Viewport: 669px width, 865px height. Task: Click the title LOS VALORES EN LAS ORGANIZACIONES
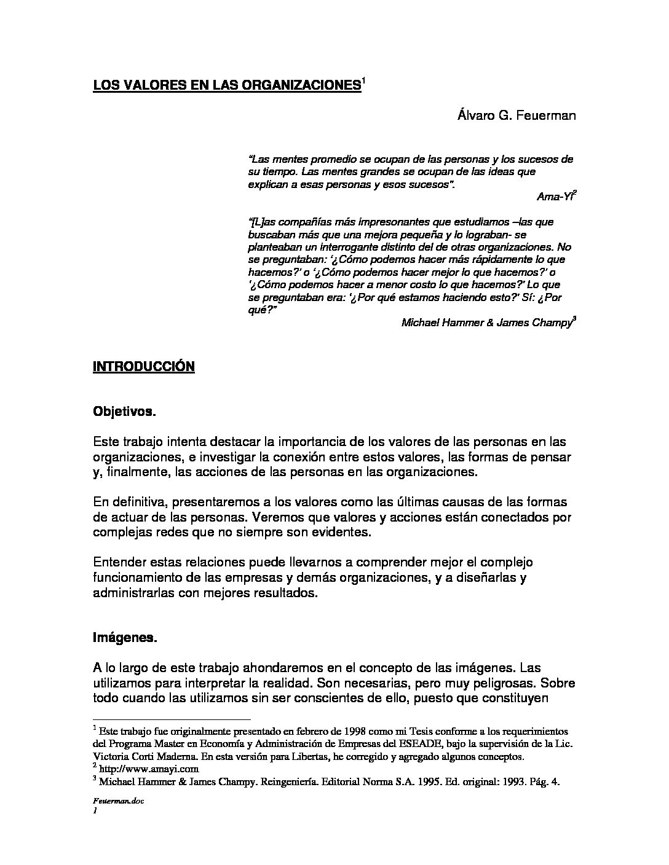point(226,85)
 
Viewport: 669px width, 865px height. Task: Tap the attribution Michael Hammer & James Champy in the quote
point(486,322)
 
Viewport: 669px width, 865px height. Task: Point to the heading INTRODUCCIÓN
point(143,367)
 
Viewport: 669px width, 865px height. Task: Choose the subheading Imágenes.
point(125,638)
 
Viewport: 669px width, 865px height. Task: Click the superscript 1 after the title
point(363,80)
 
